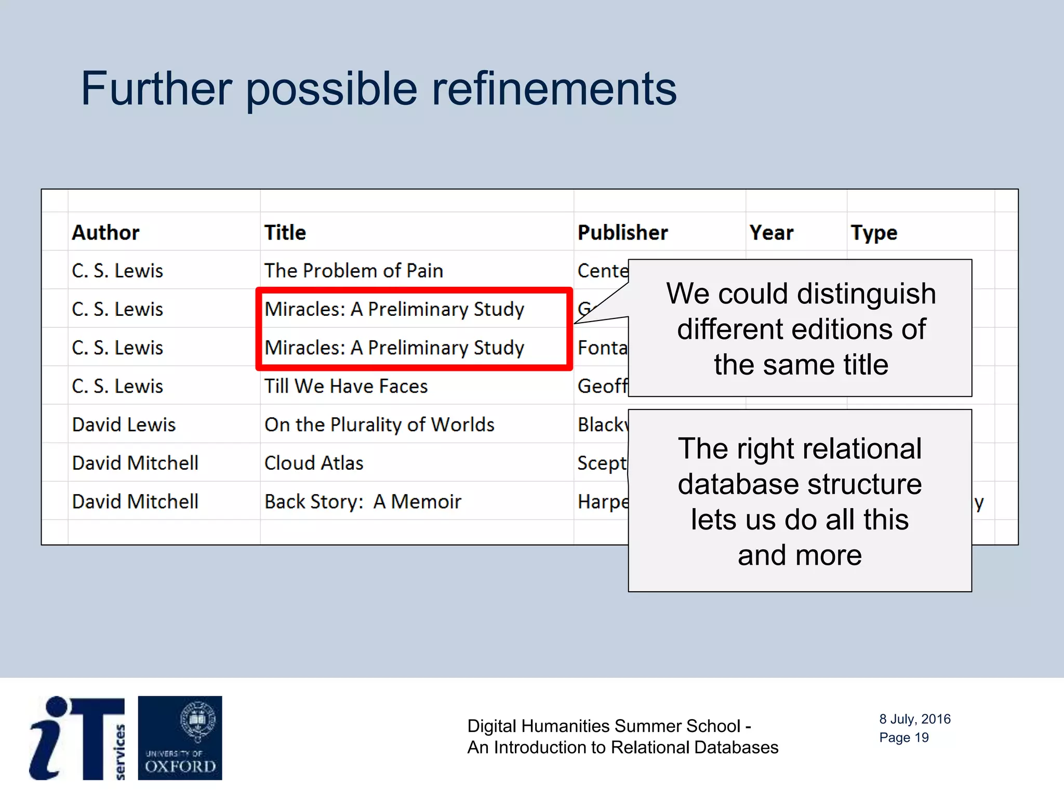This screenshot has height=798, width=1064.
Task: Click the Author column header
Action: (x=105, y=232)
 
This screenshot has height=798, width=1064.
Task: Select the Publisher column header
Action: (x=622, y=232)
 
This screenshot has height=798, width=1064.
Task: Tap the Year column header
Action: (x=771, y=232)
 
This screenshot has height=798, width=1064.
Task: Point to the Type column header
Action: (x=873, y=232)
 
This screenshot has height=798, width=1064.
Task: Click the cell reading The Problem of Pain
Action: (x=353, y=271)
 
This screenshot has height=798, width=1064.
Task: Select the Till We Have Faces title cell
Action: (x=345, y=386)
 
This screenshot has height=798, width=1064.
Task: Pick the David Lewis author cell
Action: (x=124, y=424)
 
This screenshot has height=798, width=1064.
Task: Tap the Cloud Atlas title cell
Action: (x=313, y=463)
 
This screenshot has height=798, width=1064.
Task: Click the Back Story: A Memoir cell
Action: (x=363, y=501)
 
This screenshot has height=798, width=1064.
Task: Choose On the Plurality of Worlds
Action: (x=379, y=424)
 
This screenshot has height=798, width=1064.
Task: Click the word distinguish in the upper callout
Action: (x=866, y=294)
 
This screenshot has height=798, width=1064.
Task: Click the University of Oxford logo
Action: (x=180, y=738)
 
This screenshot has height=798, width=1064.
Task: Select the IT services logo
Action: (x=77, y=738)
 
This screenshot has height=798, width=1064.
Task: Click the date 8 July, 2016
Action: (x=914, y=719)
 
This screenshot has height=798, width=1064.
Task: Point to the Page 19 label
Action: (x=903, y=738)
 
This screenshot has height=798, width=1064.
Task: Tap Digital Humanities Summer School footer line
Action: (x=609, y=726)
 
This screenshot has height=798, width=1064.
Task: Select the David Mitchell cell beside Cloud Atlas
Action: (x=135, y=463)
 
